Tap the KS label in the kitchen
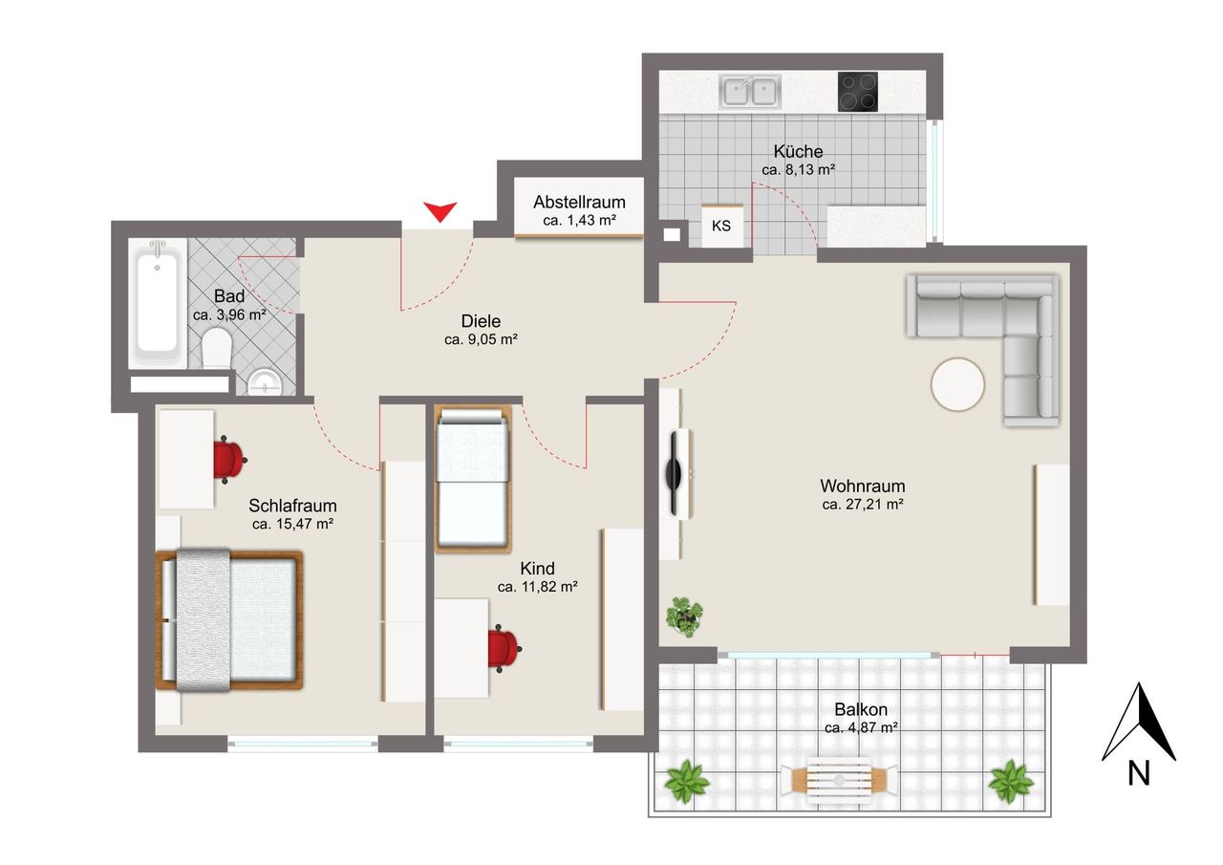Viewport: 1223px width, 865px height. pyautogui.click(x=720, y=227)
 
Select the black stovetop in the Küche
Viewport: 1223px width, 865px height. pyautogui.click(x=858, y=92)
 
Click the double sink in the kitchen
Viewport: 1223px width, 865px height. pyautogui.click(x=750, y=91)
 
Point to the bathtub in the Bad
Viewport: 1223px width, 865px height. pyautogui.click(x=158, y=303)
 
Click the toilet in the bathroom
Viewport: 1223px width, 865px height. pyautogui.click(x=216, y=348)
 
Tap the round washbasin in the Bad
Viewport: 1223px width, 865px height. pyautogui.click(x=265, y=381)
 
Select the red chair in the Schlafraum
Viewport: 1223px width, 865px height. pyautogui.click(x=228, y=460)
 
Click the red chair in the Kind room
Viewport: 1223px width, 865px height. pyautogui.click(x=504, y=649)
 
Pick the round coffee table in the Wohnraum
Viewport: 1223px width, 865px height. pyautogui.click(x=957, y=384)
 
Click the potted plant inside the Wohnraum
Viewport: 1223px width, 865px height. pyautogui.click(x=684, y=616)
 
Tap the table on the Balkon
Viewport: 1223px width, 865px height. pyautogui.click(x=839, y=781)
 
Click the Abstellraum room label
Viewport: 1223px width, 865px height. pyautogui.click(x=579, y=202)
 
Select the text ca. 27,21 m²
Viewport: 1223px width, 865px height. pyautogui.click(x=863, y=504)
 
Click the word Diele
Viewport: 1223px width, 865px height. pyautogui.click(x=481, y=320)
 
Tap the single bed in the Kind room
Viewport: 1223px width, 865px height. pyautogui.click(x=473, y=478)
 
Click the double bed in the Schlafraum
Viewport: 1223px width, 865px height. pyautogui.click(x=228, y=619)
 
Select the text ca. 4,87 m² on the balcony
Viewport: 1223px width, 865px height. pyautogui.click(x=862, y=728)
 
